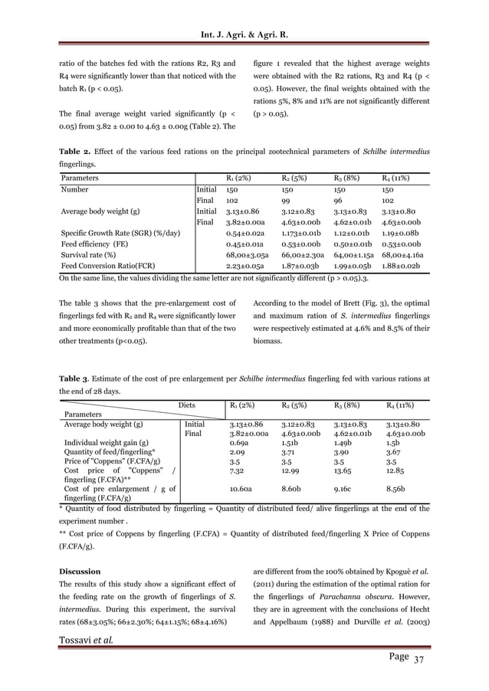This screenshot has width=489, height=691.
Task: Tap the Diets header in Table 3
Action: (189, 405)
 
